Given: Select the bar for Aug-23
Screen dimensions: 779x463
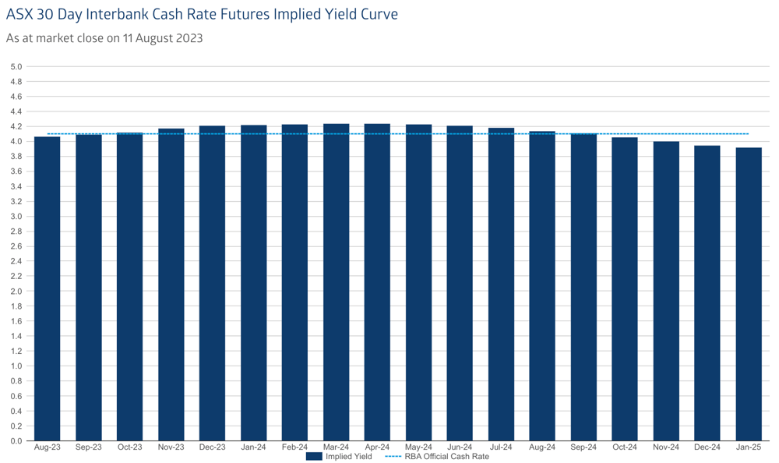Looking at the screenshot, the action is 48,288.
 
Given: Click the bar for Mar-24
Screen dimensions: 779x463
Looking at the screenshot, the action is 337,282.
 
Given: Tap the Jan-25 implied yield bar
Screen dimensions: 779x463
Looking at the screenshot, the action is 749,294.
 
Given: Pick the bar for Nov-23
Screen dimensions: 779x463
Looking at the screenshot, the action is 171,285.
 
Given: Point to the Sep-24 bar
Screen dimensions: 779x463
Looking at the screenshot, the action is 583,287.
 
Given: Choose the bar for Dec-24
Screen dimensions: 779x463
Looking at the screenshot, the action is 707,293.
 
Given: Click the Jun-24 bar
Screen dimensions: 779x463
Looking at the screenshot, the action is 460,283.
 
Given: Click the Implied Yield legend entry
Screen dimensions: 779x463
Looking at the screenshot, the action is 339,457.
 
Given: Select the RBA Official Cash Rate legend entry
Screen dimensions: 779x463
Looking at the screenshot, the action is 437,457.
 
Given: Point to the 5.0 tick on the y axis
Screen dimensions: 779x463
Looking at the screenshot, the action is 16,66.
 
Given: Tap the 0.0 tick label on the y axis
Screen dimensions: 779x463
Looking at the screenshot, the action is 16,441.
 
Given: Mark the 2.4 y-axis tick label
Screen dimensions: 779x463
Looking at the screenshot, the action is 16,261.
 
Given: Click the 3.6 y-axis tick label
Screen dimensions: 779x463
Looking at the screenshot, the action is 16,171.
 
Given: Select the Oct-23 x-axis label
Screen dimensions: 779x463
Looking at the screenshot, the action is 129,447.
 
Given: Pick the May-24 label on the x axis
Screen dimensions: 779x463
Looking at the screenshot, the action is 418,447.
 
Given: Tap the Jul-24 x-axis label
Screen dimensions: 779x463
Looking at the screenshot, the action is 501,447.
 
